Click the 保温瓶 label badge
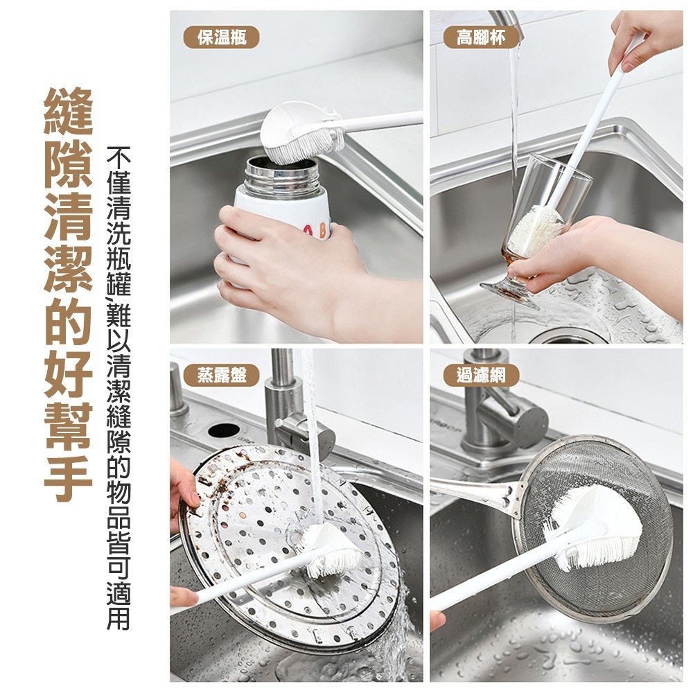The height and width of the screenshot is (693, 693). (x=222, y=37)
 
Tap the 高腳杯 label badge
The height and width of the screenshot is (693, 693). (x=481, y=37)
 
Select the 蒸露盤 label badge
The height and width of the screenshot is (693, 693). (x=222, y=375)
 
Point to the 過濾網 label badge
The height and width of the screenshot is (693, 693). (x=481, y=375)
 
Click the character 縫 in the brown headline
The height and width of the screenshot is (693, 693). (x=69, y=112)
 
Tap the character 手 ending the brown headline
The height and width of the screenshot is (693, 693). (x=69, y=478)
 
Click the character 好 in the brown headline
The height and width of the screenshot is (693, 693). (x=69, y=374)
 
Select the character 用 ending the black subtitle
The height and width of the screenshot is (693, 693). (x=119, y=616)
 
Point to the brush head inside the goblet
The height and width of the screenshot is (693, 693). (x=536, y=231)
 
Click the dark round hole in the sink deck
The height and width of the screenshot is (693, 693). (x=224, y=430)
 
